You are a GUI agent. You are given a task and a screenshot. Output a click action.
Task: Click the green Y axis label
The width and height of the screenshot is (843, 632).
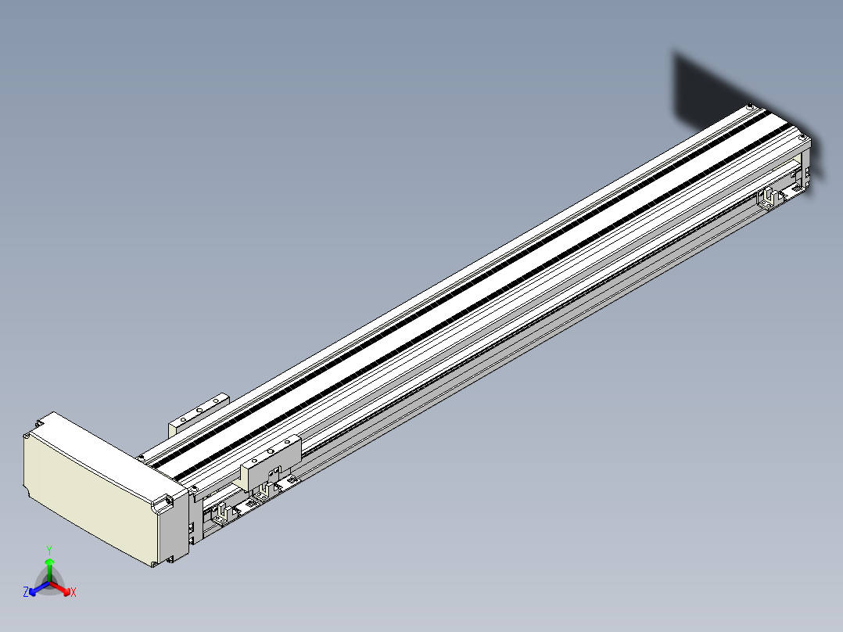click(x=49, y=550)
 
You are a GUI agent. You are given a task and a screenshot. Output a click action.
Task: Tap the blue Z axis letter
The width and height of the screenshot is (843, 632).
click(x=25, y=592)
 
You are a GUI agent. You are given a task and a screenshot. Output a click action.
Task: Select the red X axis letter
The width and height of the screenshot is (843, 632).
click(x=74, y=592)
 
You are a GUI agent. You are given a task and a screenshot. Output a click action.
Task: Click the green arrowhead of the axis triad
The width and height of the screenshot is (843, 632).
click(x=49, y=562)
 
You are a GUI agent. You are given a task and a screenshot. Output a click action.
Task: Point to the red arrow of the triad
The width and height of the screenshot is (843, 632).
click(x=60, y=588)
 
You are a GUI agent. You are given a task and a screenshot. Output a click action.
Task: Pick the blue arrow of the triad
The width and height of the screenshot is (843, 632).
click(x=39, y=588)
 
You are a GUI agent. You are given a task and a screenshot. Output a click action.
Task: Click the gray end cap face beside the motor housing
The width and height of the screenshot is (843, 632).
click(x=173, y=528)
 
